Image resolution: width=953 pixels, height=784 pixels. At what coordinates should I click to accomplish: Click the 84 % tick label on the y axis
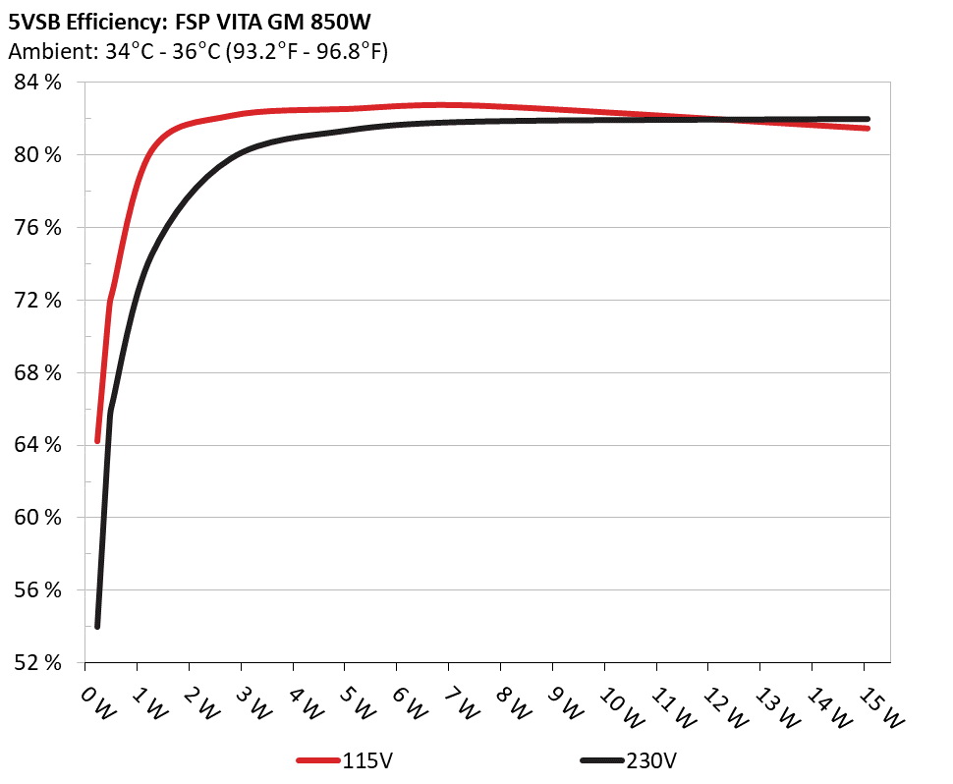coord(37,83)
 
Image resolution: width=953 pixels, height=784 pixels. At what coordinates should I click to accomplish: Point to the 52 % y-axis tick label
coord(37,662)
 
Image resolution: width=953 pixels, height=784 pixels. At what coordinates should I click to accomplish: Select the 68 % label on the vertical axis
coord(37,372)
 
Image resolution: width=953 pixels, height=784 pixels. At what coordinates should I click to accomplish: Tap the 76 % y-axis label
coord(37,228)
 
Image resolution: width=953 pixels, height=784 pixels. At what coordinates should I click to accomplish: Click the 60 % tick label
coord(37,518)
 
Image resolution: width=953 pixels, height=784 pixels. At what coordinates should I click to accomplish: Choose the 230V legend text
coord(652,760)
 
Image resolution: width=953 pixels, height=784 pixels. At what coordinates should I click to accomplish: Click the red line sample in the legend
coord(318,760)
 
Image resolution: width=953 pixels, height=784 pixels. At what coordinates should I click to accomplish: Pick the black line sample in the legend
coord(601,760)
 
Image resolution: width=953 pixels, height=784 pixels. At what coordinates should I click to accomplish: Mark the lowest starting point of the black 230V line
coord(97,626)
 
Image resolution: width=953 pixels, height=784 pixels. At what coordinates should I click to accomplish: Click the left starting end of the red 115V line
coord(97,441)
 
